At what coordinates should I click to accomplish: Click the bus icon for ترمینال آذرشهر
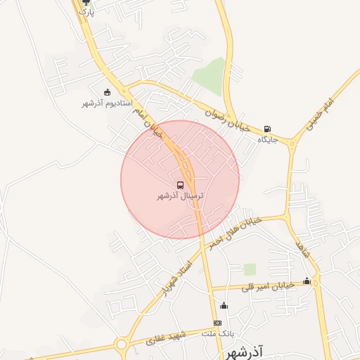(181, 186)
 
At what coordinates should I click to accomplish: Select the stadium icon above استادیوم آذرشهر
(107, 92)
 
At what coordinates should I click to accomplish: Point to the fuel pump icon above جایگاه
(268, 129)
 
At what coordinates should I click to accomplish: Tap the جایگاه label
(268, 139)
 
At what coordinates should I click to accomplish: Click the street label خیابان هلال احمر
(234, 229)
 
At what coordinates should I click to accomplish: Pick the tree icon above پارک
(86, 3)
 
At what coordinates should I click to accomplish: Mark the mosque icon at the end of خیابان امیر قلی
(307, 281)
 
